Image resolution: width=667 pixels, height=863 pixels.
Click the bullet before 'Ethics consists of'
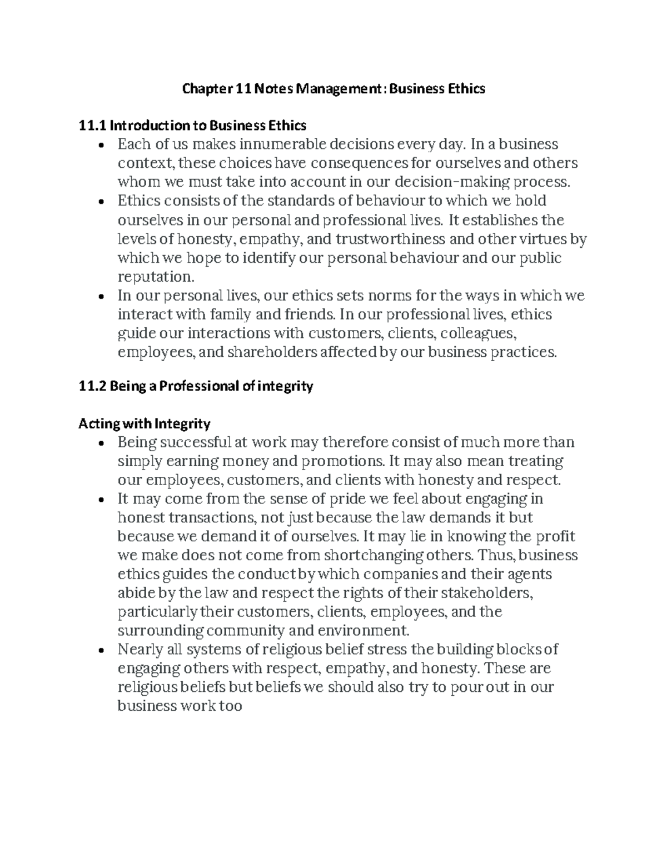(x=100, y=202)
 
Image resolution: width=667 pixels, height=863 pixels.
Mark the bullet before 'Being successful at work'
(x=100, y=443)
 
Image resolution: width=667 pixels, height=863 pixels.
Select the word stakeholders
(x=485, y=593)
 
